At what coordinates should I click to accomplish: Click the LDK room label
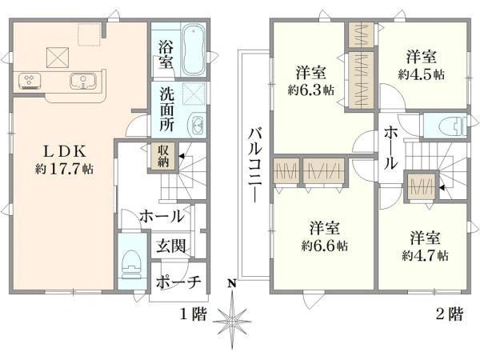[x=64, y=151]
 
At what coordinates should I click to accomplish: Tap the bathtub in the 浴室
[x=193, y=50]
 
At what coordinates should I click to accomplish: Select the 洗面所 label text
[x=167, y=110]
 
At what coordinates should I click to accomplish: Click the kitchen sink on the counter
[x=82, y=82]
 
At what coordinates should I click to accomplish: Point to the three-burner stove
[x=30, y=81]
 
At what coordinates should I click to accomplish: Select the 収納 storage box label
[x=164, y=156]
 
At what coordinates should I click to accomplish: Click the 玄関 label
[x=171, y=246]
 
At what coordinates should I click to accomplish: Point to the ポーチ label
[x=178, y=282]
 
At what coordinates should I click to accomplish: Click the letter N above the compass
[x=232, y=284]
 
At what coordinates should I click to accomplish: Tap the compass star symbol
[x=232, y=321]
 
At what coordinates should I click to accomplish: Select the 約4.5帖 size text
[x=421, y=74]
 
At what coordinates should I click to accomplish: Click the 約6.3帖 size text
[x=310, y=90]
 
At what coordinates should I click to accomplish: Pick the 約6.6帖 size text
[x=324, y=246]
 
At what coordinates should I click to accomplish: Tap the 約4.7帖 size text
[x=426, y=255]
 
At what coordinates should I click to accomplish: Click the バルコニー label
[x=255, y=166]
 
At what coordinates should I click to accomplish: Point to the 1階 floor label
[x=193, y=314]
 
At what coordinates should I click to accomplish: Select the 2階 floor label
[x=450, y=314]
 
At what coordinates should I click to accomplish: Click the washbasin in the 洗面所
[x=198, y=124]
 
